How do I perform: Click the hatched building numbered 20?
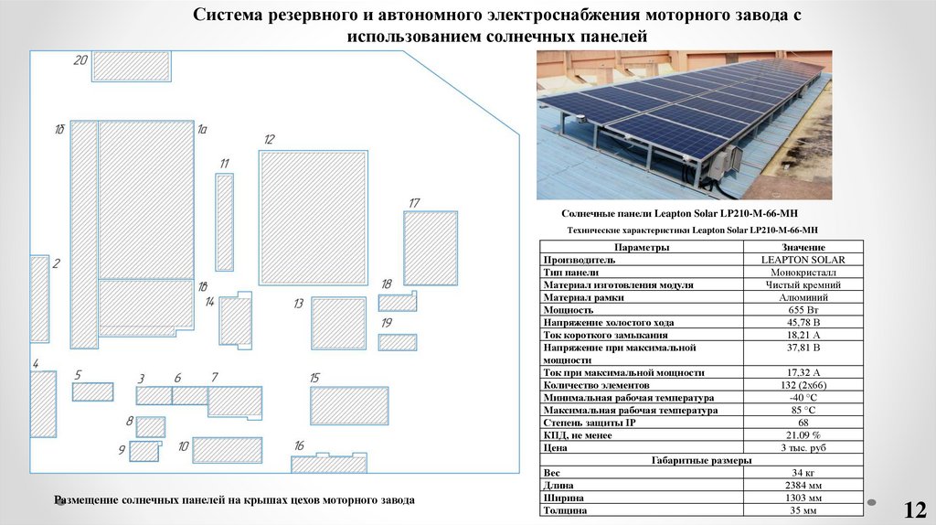(131, 66)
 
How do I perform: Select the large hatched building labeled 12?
(313, 217)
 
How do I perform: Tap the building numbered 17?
(430, 248)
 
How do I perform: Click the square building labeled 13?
(338, 323)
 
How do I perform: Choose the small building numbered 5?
(92, 391)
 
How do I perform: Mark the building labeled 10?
(227, 450)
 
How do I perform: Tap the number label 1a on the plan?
(203, 131)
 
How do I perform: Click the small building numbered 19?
(398, 343)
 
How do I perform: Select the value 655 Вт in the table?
(803, 310)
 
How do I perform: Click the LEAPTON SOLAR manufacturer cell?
(803, 260)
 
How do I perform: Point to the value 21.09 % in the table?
(803, 435)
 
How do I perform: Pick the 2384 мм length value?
(803, 485)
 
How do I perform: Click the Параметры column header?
(642, 247)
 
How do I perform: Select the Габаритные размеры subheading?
(700, 460)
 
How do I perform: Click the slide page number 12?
(915, 509)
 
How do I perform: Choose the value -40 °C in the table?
(803, 398)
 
